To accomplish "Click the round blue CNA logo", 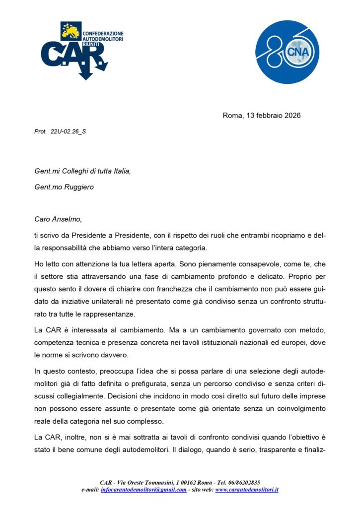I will click(287, 52).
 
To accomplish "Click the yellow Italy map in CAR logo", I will click(71, 32).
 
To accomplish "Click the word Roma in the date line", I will click(232, 116).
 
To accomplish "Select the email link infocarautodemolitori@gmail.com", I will click(144, 490).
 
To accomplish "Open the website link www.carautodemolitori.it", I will click(246, 490).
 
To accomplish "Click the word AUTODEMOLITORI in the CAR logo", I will click(103, 38).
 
